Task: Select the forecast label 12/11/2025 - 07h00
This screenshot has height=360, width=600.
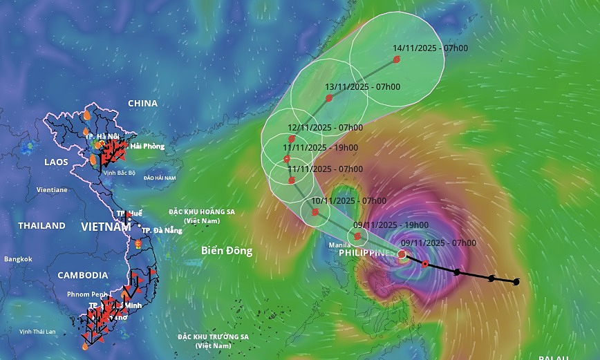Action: [325, 128]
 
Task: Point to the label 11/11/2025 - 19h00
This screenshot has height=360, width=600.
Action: [321, 147]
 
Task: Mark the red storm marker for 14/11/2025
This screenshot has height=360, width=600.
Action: [397, 60]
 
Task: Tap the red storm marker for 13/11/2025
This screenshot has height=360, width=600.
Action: [329, 98]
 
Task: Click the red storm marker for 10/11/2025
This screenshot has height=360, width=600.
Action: [315, 212]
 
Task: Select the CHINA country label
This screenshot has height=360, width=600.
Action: [142, 104]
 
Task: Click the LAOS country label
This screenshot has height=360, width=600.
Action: [55, 162]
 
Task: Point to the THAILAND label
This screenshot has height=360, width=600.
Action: [41, 226]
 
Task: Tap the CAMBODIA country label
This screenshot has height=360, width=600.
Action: [83, 275]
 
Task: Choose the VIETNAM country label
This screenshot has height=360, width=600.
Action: [106, 227]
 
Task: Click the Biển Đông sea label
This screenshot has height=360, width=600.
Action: [227, 250]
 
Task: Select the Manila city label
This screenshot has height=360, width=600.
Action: [339, 245]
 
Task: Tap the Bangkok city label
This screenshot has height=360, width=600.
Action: [18, 259]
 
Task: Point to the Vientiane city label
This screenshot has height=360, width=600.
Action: [52, 189]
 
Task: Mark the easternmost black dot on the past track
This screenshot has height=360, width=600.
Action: [516, 282]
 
